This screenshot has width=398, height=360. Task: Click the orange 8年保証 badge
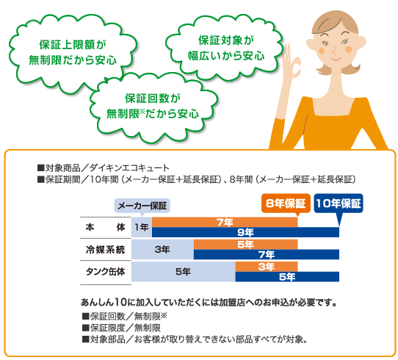[286, 204]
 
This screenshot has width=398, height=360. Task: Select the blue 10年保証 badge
[339, 204]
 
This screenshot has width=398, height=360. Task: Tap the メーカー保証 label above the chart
[142, 206]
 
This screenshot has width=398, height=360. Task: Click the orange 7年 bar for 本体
[225, 223]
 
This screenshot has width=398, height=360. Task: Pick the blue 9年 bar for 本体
[245, 232]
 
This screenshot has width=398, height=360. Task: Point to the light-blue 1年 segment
[142, 227]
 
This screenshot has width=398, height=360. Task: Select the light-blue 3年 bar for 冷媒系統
[162, 250]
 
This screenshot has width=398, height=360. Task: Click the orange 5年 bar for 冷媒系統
[246, 245]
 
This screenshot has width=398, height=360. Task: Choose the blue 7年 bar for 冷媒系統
[267, 254]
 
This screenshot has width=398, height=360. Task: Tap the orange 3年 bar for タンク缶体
[267, 267]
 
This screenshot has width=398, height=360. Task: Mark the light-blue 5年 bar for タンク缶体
[184, 272]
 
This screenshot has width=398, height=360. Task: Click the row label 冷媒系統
[105, 250]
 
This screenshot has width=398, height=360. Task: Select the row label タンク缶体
[105, 272]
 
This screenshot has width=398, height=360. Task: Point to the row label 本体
[105, 228]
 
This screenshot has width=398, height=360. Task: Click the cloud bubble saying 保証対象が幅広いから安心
[225, 48]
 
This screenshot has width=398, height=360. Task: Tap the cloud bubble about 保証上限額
[73, 52]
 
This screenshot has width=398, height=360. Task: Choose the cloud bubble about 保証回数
[153, 107]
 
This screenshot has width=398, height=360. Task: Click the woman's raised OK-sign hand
[292, 61]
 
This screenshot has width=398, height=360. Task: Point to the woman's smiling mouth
[336, 59]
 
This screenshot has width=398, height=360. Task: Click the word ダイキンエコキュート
[129, 168]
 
